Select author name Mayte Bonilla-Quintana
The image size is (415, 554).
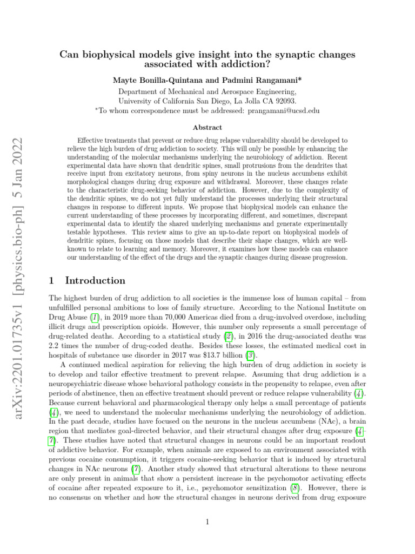[153, 80]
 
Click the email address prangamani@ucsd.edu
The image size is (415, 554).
[283, 110]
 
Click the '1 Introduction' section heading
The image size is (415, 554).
[87, 280]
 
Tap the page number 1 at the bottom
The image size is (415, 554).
[207, 522]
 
